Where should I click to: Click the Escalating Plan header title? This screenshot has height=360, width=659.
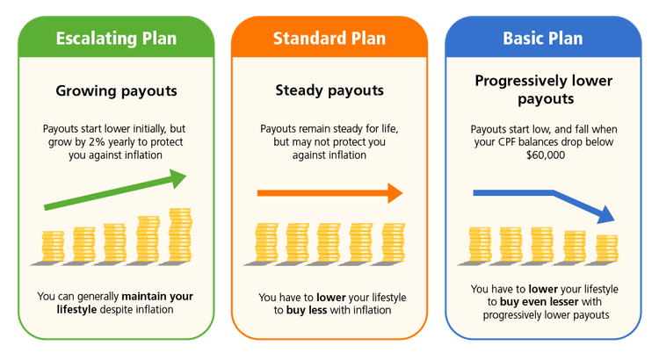116,38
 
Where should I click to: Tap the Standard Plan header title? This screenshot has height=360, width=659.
329,38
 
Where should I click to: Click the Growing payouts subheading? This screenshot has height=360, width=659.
116,90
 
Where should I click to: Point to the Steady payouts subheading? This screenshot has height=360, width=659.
329,90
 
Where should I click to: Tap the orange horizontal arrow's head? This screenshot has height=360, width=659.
395,193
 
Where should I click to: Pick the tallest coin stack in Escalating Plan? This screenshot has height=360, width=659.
179,234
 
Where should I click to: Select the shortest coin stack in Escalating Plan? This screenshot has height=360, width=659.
53,247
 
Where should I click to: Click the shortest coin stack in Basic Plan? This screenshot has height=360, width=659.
607,248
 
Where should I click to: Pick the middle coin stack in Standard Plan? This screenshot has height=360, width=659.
329,243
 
